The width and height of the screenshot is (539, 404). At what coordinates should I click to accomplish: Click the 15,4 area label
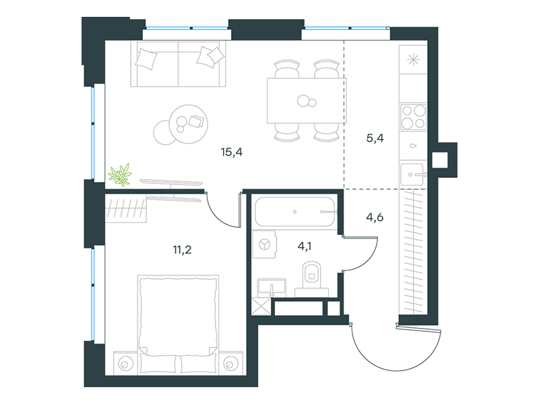232,152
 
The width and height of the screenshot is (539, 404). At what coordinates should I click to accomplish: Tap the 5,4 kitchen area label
375,138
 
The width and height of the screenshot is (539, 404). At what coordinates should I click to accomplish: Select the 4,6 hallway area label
375,217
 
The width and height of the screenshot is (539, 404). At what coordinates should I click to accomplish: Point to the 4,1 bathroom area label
305,246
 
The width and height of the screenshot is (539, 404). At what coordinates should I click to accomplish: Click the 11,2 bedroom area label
182,250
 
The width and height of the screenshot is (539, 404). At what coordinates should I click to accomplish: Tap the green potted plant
120,175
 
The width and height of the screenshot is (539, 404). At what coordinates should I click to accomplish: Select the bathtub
294,211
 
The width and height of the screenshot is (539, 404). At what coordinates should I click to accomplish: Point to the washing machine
264,244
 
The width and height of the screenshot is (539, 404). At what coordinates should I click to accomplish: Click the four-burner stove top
413,116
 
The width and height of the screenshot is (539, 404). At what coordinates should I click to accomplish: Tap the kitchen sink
413,174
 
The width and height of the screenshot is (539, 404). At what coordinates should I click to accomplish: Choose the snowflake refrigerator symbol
413,60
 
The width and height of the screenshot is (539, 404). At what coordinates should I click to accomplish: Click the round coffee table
189,124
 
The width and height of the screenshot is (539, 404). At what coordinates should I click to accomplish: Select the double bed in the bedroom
178,325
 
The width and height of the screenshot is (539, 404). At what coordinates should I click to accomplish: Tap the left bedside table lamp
125,364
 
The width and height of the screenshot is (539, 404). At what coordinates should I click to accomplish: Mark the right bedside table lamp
230,364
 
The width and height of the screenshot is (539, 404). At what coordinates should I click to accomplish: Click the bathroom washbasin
272,288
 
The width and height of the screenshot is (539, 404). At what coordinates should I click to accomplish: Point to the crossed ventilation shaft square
261,306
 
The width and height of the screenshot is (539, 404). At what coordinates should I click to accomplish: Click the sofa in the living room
178,64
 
